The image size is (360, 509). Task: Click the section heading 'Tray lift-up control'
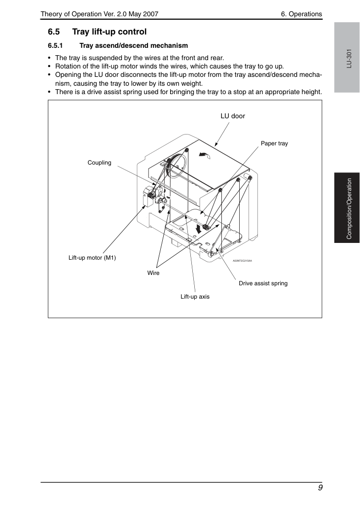click(109, 32)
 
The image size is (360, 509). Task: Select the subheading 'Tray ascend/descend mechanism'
click(134, 46)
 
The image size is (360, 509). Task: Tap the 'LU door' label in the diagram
click(233, 116)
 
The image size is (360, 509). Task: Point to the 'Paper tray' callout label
click(274, 143)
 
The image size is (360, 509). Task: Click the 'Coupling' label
click(100, 163)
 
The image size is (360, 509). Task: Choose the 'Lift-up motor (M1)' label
click(92, 258)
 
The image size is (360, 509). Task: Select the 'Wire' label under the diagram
click(153, 273)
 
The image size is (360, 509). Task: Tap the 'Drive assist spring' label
click(263, 283)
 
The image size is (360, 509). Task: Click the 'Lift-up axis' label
click(195, 297)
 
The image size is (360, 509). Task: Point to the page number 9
click(321, 488)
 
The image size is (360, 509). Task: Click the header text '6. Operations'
click(301, 14)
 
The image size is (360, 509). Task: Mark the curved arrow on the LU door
click(204, 156)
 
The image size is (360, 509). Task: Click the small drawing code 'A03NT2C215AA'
click(242, 261)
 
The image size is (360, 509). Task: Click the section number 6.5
click(54, 32)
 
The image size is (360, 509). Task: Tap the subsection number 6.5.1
click(55, 46)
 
